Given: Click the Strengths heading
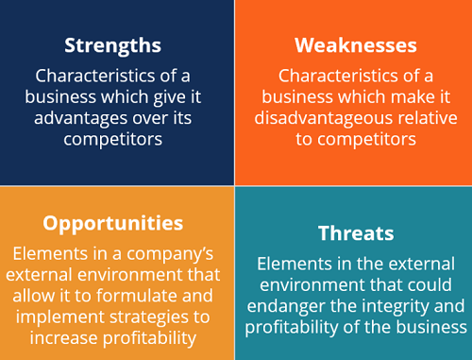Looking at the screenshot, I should tap(112, 44).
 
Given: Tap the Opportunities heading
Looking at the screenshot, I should tap(112, 223).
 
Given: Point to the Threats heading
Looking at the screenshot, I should tap(355, 232).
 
